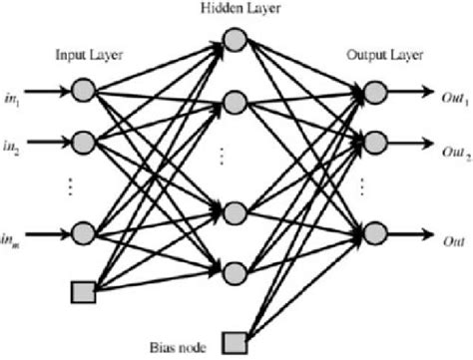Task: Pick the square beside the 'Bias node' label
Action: click(235, 338)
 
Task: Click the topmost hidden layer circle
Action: click(235, 39)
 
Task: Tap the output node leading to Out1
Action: click(374, 93)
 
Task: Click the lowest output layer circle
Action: click(374, 233)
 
